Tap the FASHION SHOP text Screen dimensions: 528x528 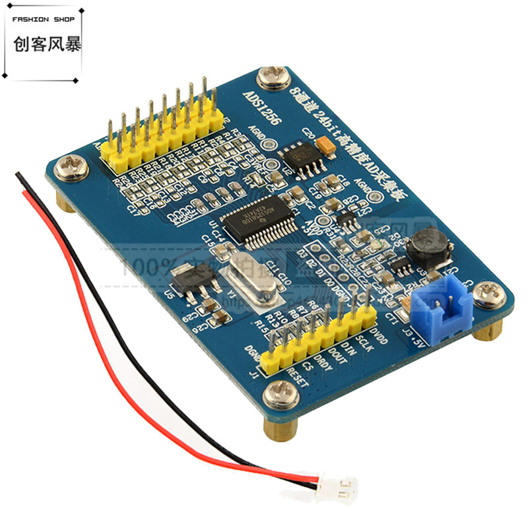pyautogui.click(x=43, y=18)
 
